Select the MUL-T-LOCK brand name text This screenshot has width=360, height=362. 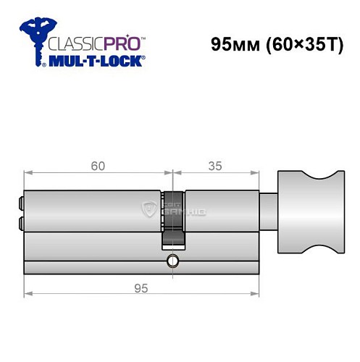pyautogui.click(x=93, y=60)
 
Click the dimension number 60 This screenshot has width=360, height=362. pyautogui.click(x=99, y=166)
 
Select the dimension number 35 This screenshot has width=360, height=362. pyautogui.click(x=215, y=166)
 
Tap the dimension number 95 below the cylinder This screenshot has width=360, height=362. pyautogui.click(x=141, y=288)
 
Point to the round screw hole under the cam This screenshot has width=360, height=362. pyautogui.click(x=172, y=259)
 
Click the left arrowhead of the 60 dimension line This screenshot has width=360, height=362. pyautogui.click(x=28, y=174)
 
